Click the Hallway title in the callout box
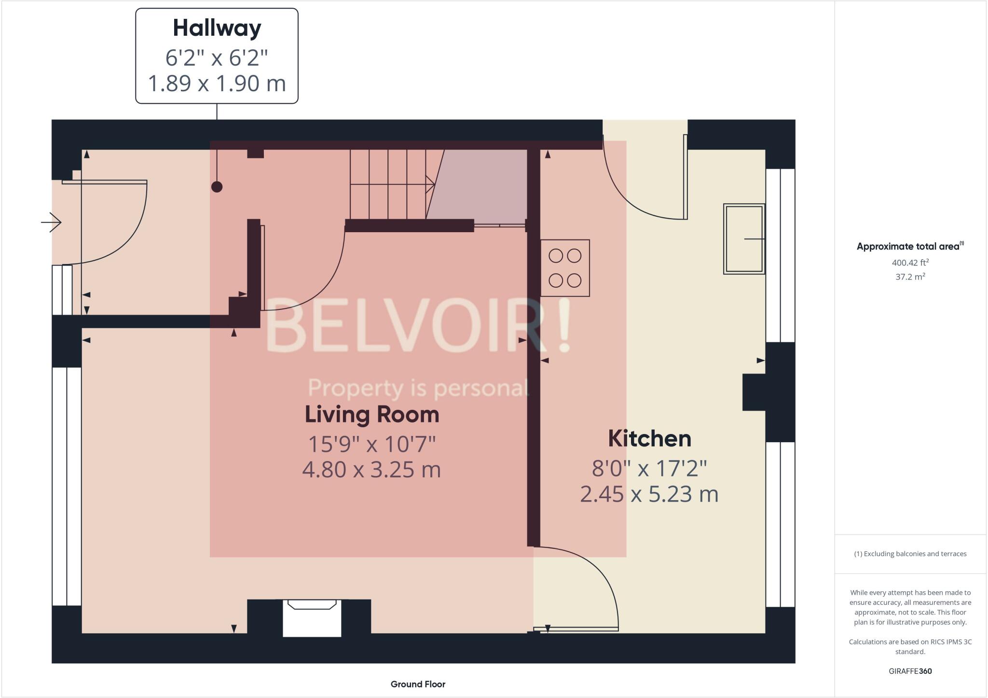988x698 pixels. [217, 28]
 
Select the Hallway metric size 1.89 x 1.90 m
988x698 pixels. [217, 84]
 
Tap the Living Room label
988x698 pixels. [372, 415]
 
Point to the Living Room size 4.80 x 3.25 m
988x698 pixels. [371, 470]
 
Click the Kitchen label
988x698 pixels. [649, 439]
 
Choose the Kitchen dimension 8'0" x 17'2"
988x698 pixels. [649, 468]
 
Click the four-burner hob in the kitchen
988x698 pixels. [565, 268]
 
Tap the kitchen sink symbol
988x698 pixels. [744, 239]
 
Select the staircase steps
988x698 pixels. [388, 184]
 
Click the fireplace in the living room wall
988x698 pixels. [312, 618]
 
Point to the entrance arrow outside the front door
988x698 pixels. [51, 223]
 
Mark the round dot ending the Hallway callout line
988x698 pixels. [217, 187]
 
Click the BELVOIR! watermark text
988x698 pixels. [418, 325]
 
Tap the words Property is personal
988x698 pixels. [418, 388]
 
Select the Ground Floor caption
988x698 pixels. [418, 684]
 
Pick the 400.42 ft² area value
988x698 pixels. [910, 263]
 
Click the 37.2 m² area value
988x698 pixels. [910, 277]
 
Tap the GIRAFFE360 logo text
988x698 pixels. [910, 671]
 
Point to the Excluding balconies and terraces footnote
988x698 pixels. [910, 554]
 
